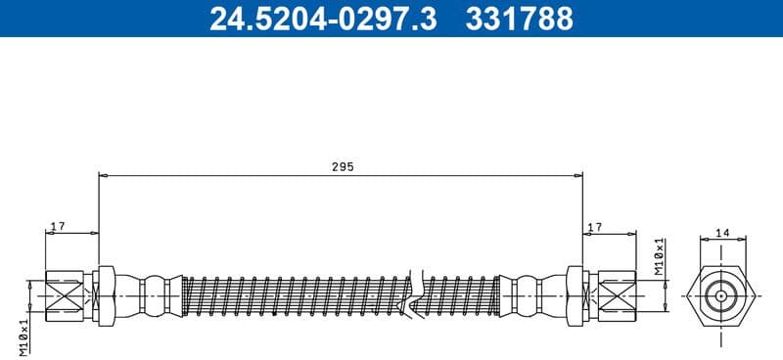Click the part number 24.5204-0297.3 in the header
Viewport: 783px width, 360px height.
[x=324, y=19]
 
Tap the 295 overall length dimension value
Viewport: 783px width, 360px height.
[x=341, y=167]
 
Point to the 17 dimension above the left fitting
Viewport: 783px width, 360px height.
[x=57, y=227]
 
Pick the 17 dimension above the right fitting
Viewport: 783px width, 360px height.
[x=594, y=227]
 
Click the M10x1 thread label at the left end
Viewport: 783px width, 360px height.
[x=24, y=336]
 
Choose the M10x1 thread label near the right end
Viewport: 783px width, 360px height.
[x=659, y=254]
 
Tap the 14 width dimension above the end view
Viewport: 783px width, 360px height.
[x=722, y=233]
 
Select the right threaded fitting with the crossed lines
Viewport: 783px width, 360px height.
[x=613, y=292]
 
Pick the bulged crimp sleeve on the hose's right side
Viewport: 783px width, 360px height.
[x=529, y=292]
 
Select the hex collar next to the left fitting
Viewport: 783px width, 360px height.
[x=107, y=292]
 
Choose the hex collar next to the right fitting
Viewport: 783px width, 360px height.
[x=575, y=292]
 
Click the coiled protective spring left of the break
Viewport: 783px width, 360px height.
[x=294, y=292]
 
